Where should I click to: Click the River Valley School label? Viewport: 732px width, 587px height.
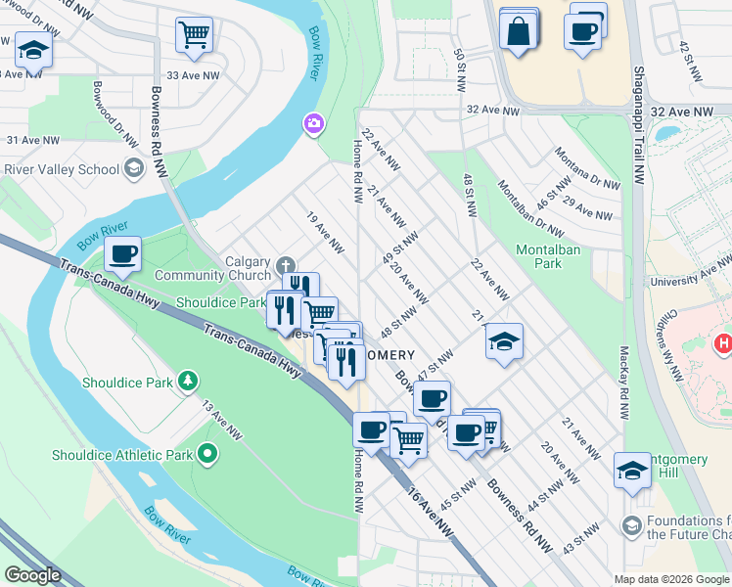point(61,169)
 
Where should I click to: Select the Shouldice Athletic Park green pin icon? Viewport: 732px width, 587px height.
point(206,454)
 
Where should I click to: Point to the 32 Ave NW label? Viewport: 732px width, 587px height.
point(492,112)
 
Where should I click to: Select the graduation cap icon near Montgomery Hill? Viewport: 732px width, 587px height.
point(632,470)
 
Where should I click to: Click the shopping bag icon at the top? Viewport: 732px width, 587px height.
point(518,28)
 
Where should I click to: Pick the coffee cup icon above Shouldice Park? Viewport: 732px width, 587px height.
point(123,254)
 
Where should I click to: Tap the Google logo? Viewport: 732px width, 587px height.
point(32,575)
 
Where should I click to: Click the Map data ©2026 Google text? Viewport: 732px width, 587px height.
point(670,579)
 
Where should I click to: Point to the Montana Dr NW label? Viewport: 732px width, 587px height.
point(587,166)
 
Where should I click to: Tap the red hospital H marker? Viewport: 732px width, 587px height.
point(724,343)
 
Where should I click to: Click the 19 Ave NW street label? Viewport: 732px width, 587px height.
point(325,230)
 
